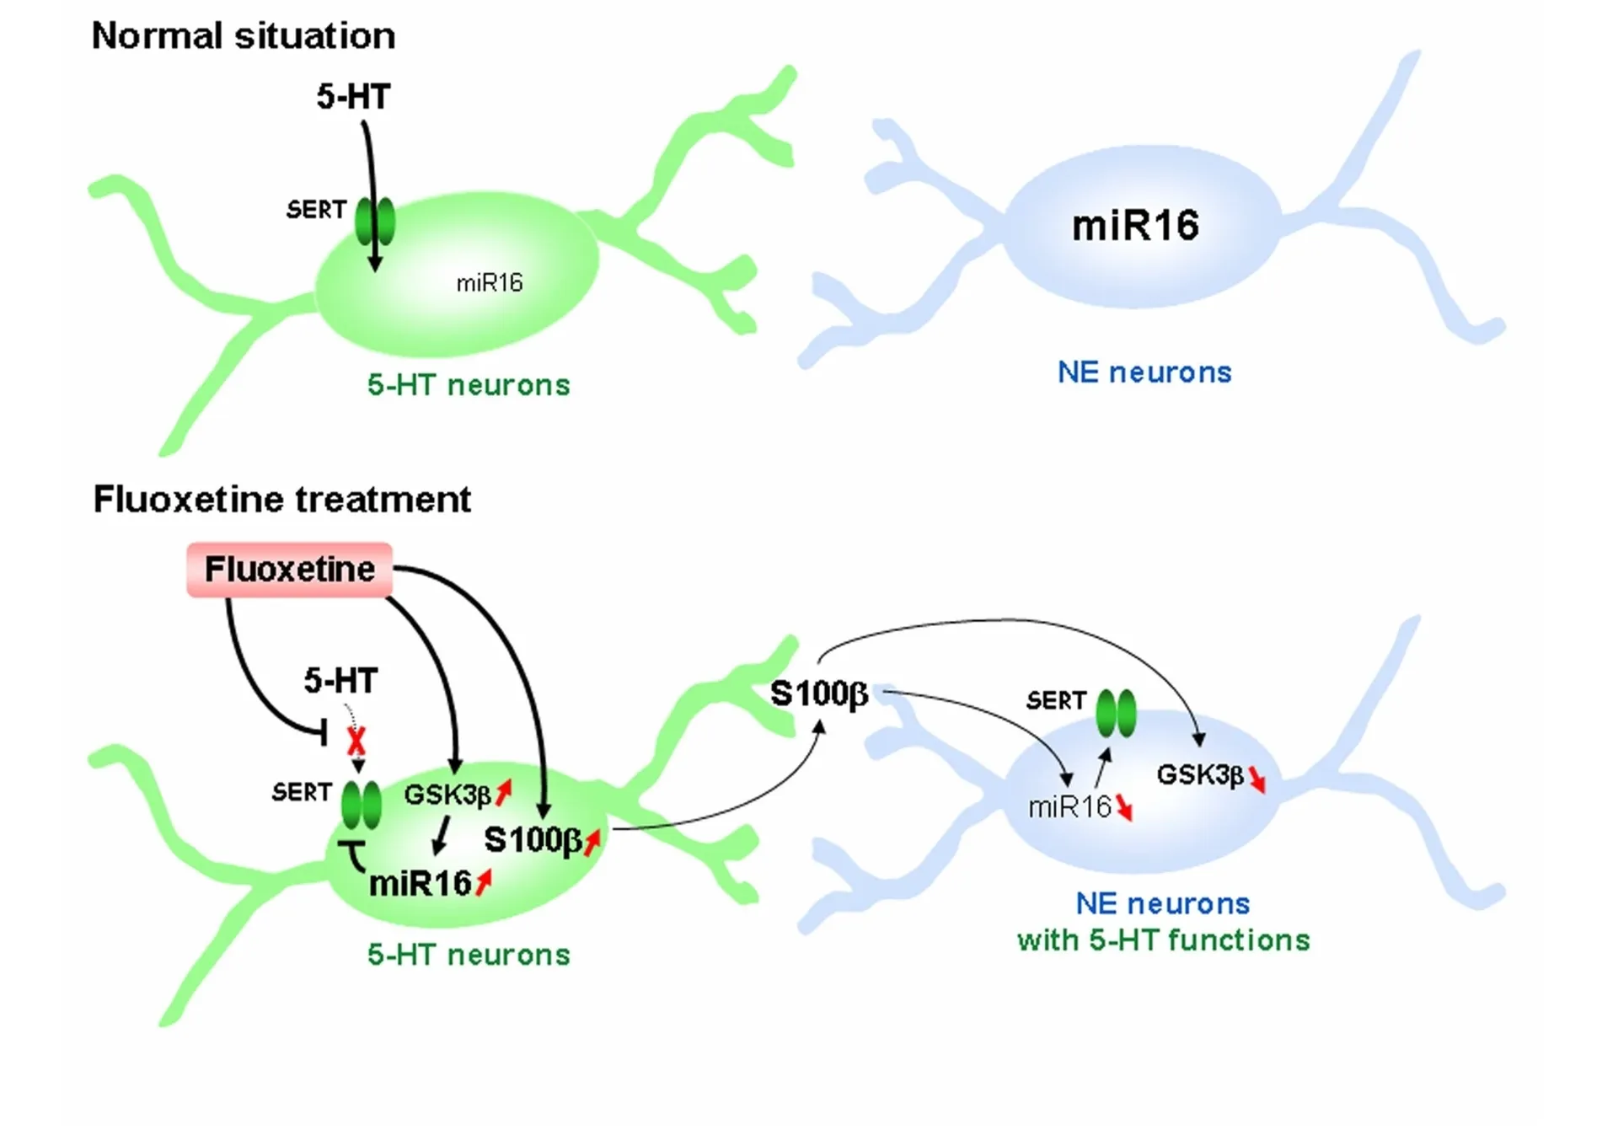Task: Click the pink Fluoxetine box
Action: click(289, 570)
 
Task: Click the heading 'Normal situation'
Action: click(244, 36)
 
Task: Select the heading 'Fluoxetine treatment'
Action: click(281, 500)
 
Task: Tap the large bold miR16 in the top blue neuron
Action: click(1135, 226)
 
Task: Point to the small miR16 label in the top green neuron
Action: click(490, 283)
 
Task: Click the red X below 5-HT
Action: click(356, 741)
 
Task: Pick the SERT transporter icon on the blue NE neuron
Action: click(1116, 713)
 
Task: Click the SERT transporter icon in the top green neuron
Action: click(375, 222)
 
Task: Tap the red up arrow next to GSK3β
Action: click(503, 791)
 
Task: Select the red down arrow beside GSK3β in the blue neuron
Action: click(1256, 779)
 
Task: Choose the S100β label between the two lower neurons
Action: click(819, 694)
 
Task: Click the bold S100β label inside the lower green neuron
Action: click(533, 840)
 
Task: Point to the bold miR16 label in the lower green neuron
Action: click(420, 884)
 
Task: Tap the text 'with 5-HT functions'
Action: click(1163, 940)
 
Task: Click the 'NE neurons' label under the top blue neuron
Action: click(1144, 372)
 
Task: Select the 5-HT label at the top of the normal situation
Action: click(353, 97)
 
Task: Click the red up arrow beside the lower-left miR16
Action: click(483, 883)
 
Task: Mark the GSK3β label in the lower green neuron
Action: click(447, 795)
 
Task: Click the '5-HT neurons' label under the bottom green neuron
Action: click(469, 955)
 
